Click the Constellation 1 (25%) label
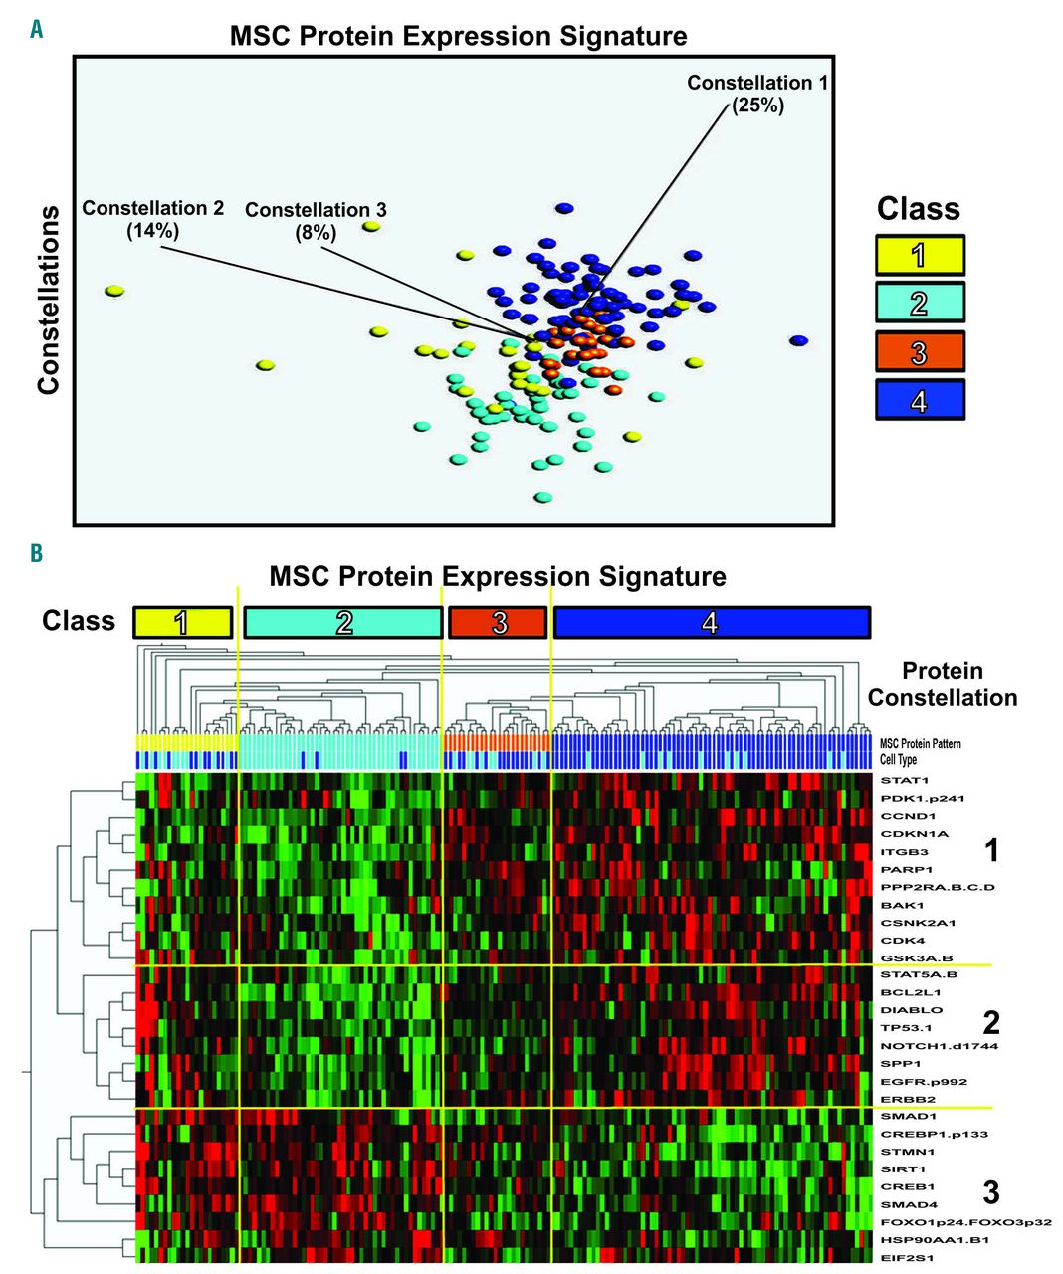pyautogui.click(x=756, y=94)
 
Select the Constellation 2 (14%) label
pyautogui.click(x=152, y=219)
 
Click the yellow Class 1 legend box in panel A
pyautogui.click(x=920, y=255)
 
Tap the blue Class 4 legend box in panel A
pyautogui.click(x=920, y=400)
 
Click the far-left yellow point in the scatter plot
pyautogui.click(x=114, y=292)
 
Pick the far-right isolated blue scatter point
pyautogui.click(x=798, y=341)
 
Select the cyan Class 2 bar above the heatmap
pyautogui.click(x=343, y=623)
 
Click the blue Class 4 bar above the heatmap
pyautogui.click(x=711, y=623)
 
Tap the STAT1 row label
pyautogui.click(x=904, y=780)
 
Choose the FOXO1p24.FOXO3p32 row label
pyautogui.click(x=965, y=1222)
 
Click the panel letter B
pyautogui.click(x=36, y=553)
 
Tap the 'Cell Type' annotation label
pyautogui.click(x=898, y=760)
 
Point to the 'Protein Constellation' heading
pyautogui.click(x=942, y=684)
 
